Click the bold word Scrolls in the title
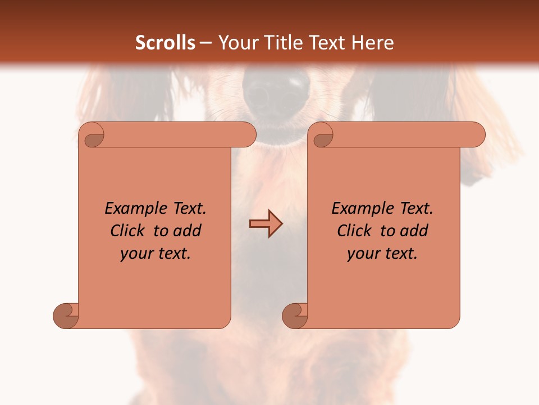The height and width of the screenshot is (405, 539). click(165, 43)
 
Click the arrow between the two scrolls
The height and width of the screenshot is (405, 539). click(266, 224)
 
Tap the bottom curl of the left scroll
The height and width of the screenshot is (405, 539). click(66, 315)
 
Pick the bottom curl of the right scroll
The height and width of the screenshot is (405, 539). click(295, 315)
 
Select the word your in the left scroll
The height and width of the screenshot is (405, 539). click(135, 254)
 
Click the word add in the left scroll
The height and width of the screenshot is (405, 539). click(188, 231)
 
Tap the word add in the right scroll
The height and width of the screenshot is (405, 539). click(414, 231)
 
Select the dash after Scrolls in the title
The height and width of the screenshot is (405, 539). click(205, 43)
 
